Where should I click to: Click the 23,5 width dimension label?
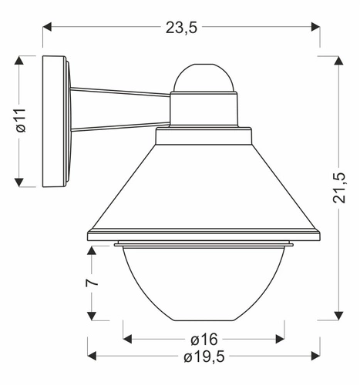(x=182, y=27)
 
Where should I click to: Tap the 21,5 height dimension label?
(x=338, y=186)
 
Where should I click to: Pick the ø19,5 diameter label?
(x=203, y=357)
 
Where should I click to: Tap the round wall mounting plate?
(x=56, y=121)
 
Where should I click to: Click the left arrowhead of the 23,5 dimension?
(x=46, y=27)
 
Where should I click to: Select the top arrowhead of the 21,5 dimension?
(x=338, y=60)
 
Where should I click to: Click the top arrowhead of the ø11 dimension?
(x=21, y=60)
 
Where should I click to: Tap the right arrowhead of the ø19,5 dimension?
(x=315, y=357)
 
